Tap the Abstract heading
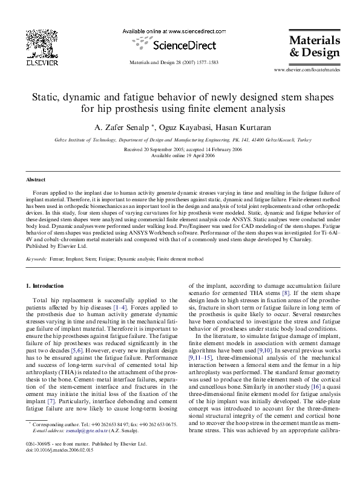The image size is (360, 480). (36, 180)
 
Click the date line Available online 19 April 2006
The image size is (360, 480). (180, 155)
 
